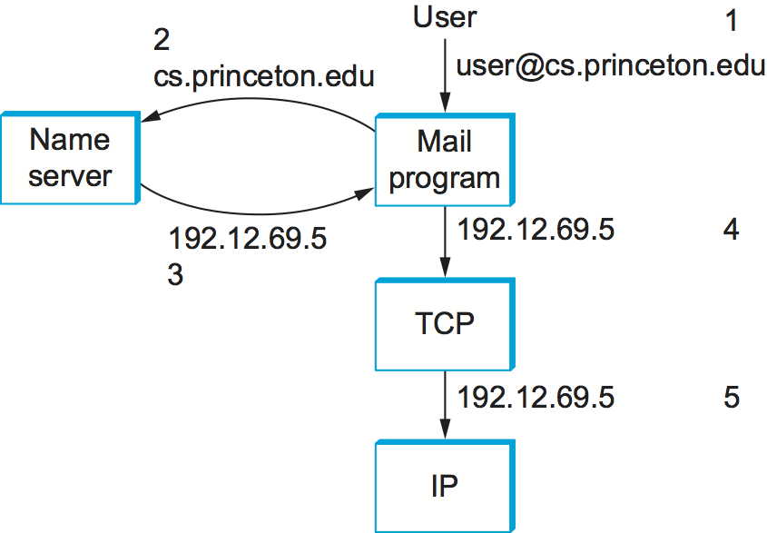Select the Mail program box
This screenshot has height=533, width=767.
click(x=445, y=159)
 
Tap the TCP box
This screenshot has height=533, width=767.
click(x=445, y=322)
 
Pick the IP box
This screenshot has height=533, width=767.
click(x=445, y=486)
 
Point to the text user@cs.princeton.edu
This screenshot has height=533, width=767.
click(x=611, y=66)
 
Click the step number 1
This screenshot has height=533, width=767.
click(x=733, y=21)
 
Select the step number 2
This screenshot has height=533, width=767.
click(x=162, y=39)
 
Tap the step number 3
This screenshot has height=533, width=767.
click(x=176, y=274)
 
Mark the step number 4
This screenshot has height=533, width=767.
click(x=732, y=230)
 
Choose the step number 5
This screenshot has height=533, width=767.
click(x=732, y=397)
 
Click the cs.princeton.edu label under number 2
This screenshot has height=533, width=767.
click(x=264, y=75)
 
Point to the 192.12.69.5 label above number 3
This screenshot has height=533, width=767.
click(x=247, y=240)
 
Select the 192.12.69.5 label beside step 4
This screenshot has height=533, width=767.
click(x=536, y=230)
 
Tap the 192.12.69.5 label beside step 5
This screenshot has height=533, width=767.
click(x=536, y=397)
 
